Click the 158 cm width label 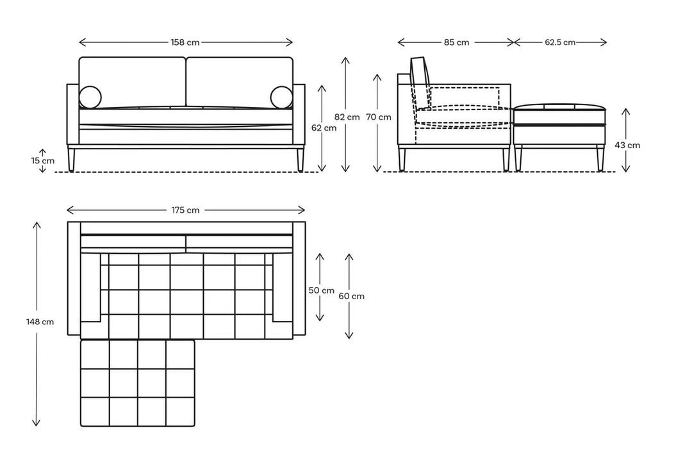[x=185, y=42]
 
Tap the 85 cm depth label [x=456, y=42]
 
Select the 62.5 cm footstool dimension [x=560, y=42]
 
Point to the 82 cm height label [x=347, y=117]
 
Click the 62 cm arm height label [x=324, y=128]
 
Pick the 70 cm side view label [x=379, y=117]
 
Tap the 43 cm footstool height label [x=627, y=145]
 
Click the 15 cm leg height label [x=43, y=161]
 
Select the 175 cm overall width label [x=185, y=210]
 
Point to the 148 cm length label [x=40, y=322]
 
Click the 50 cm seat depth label [x=321, y=290]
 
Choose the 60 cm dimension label [x=351, y=296]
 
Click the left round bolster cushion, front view [x=90, y=97]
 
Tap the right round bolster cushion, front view [x=281, y=97]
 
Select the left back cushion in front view [x=133, y=82]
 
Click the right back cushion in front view [x=240, y=82]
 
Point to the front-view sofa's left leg [x=72, y=160]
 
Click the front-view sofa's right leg [x=301, y=160]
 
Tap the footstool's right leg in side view [x=600, y=158]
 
